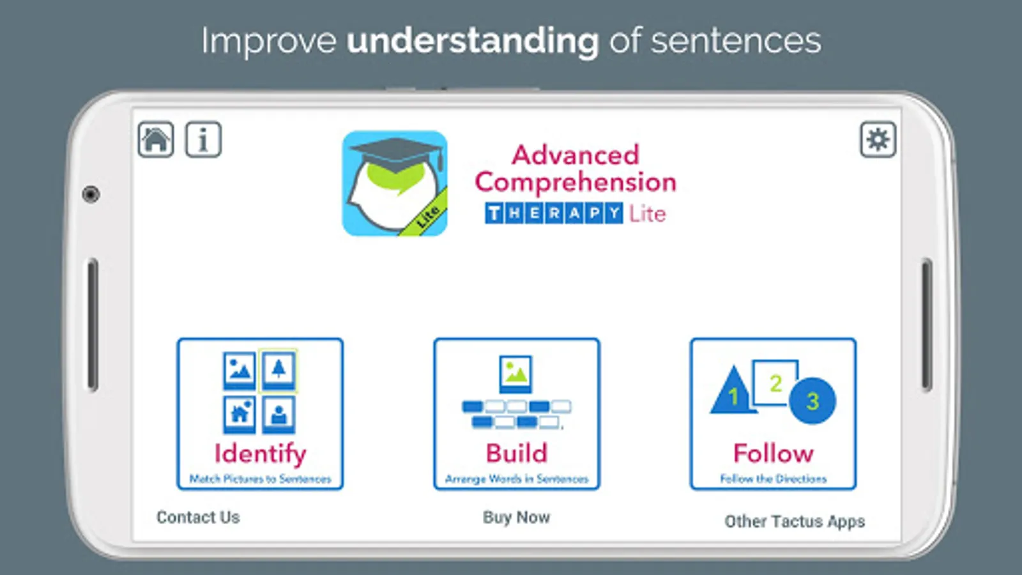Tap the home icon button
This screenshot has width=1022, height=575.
156,140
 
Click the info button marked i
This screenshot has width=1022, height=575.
204,140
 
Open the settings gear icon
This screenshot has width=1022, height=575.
878,140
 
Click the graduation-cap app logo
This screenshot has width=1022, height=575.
395,183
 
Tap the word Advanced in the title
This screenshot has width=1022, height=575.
576,155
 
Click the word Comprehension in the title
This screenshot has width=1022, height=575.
576,183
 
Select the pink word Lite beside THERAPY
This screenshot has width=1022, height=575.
648,213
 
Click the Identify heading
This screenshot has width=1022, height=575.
260,454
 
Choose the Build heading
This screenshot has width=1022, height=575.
517,453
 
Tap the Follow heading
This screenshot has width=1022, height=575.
774,453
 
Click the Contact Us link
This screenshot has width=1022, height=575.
198,517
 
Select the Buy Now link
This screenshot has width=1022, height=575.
517,517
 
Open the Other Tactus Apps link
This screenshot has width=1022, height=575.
795,521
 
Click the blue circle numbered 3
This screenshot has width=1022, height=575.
812,401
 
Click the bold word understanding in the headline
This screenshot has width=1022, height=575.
473,42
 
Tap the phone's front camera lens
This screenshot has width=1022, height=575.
91,194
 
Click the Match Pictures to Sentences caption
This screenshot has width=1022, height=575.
260,479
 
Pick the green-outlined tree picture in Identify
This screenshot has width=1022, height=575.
278,371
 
